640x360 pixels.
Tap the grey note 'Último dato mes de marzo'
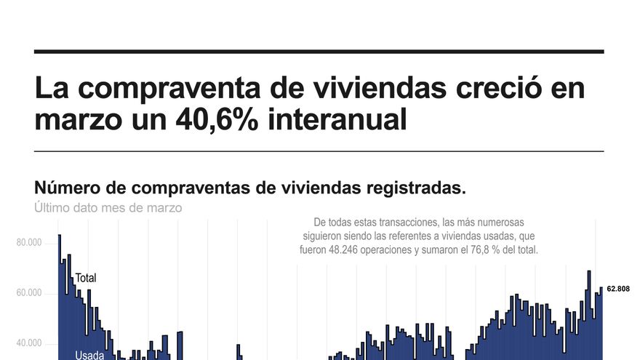tap(108, 207)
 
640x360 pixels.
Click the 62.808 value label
tap(617, 289)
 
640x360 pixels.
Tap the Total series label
tap(86, 278)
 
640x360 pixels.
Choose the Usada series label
tap(89, 356)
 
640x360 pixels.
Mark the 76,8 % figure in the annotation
tap(489, 249)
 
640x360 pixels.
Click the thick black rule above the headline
tap(319, 52)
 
